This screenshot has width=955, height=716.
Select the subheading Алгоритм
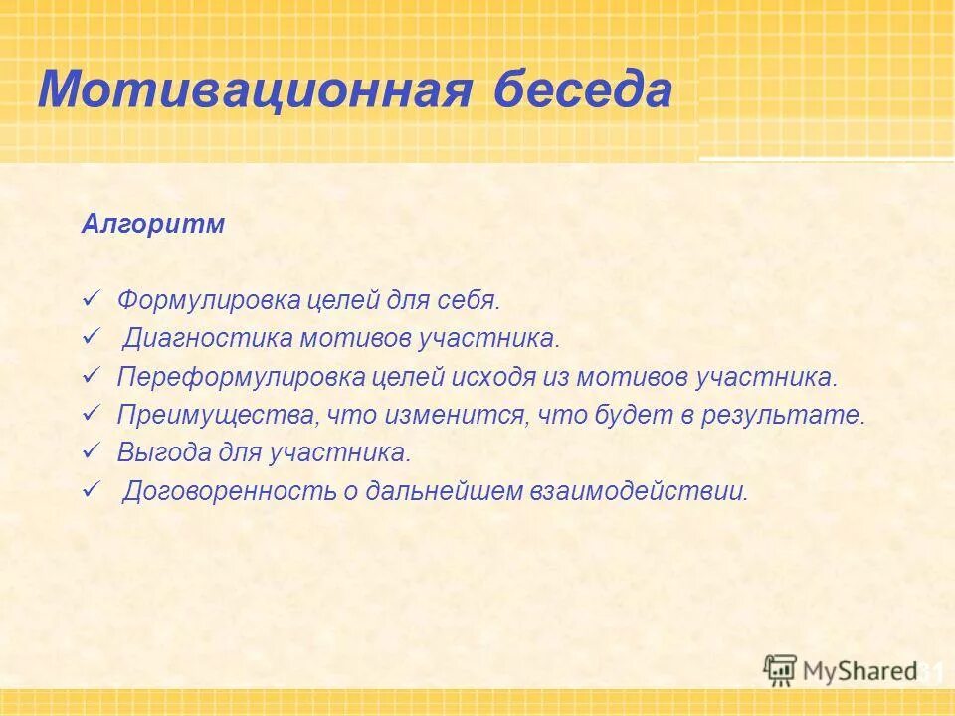tap(153, 224)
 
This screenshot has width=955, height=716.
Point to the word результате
tap(793, 415)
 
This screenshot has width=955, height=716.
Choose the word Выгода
tap(155, 453)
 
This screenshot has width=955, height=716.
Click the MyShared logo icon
tap(780, 670)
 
